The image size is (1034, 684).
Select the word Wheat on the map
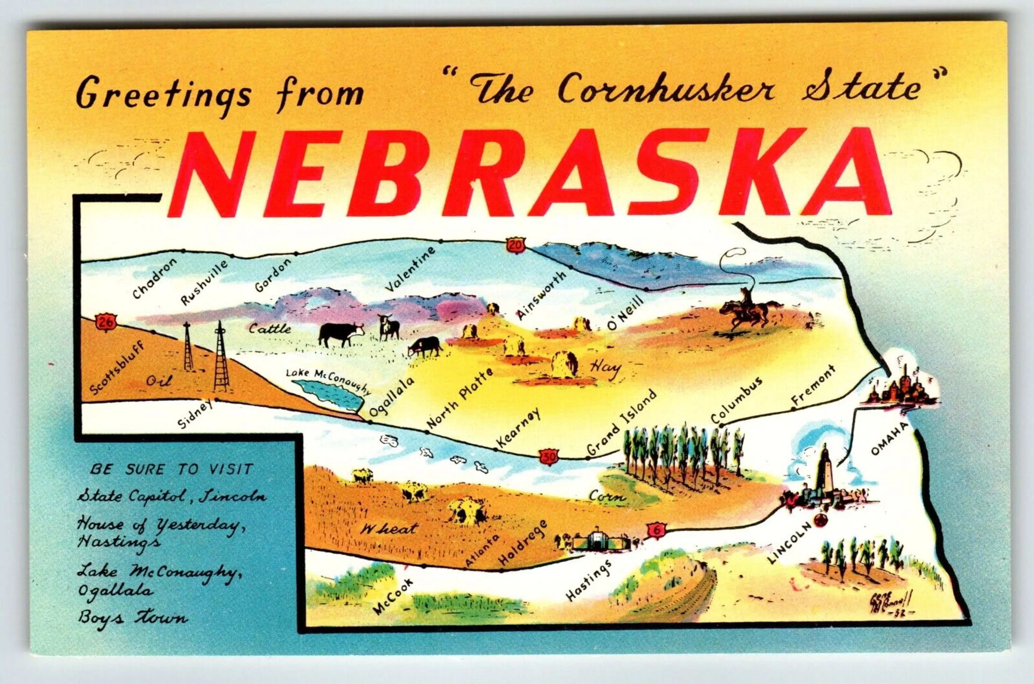[x=388, y=529]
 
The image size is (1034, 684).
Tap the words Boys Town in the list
[x=133, y=618]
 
